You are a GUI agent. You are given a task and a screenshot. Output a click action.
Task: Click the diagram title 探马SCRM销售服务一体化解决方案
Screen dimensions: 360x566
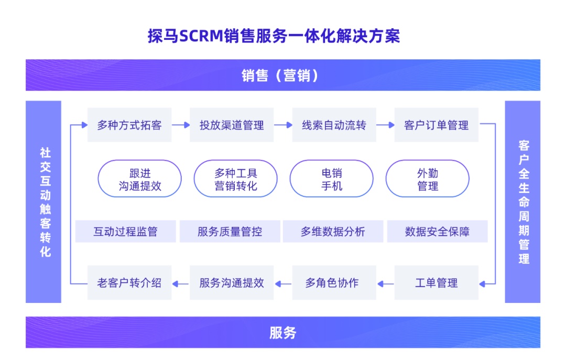pos(274,36)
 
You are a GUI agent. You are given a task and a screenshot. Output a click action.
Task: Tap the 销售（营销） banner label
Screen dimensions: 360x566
pos(282,75)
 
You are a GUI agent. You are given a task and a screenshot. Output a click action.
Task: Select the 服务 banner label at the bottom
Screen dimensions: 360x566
pos(282,332)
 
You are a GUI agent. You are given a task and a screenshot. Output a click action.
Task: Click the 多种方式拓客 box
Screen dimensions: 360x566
pos(129,125)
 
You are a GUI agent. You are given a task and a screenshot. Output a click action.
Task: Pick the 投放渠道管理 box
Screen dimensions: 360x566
pos(232,125)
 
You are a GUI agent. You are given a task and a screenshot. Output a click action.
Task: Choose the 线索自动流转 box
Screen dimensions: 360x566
pos(334,125)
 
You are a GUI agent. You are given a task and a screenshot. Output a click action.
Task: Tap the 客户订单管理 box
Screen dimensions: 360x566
pos(436,125)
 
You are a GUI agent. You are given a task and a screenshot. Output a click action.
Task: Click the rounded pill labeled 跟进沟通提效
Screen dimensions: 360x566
pos(139,179)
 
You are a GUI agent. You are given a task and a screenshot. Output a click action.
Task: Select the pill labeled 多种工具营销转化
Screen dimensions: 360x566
pos(236,179)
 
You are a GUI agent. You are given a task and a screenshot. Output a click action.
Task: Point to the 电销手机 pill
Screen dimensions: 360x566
pos(332,179)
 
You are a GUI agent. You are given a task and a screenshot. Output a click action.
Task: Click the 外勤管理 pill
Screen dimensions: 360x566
pos(428,179)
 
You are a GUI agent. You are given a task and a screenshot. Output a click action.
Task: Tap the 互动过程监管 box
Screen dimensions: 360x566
pos(125,232)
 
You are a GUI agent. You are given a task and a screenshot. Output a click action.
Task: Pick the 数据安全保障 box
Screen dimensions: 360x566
pos(437,232)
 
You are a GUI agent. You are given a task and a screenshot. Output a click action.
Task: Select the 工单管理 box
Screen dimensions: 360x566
pos(436,283)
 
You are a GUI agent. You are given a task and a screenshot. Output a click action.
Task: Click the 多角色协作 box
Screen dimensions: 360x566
pos(334,283)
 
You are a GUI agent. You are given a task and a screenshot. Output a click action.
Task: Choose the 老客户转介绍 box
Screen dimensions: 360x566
pos(129,283)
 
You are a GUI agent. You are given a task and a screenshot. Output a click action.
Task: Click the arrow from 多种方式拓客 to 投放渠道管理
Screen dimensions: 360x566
pos(181,125)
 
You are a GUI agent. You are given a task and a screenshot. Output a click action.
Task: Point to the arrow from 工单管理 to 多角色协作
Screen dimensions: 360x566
pos(385,283)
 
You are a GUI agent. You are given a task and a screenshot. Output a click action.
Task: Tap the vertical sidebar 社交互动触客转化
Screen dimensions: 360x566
pos(43,202)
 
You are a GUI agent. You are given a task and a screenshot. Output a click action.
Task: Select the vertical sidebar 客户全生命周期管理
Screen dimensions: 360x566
pos(523,202)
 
